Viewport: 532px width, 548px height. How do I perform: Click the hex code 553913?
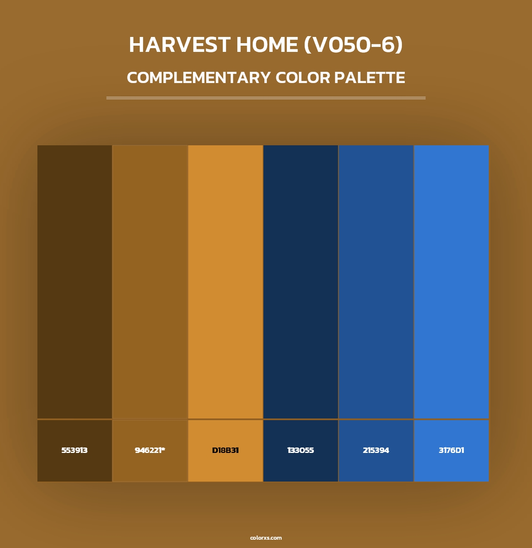point(74,450)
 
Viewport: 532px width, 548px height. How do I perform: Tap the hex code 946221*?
point(150,450)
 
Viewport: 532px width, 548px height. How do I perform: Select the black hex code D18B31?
point(225,450)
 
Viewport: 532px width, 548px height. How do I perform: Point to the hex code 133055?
point(300,450)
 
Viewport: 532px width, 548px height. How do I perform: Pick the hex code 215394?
point(376,450)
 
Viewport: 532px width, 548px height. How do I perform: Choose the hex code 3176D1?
point(451,450)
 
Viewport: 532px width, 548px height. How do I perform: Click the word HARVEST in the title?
point(180,45)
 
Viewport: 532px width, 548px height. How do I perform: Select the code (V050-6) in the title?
point(353,45)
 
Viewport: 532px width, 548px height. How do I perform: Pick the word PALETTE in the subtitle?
point(369,78)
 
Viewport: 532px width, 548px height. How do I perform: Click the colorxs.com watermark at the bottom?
point(266,538)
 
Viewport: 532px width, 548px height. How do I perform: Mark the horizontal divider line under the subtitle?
point(266,98)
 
